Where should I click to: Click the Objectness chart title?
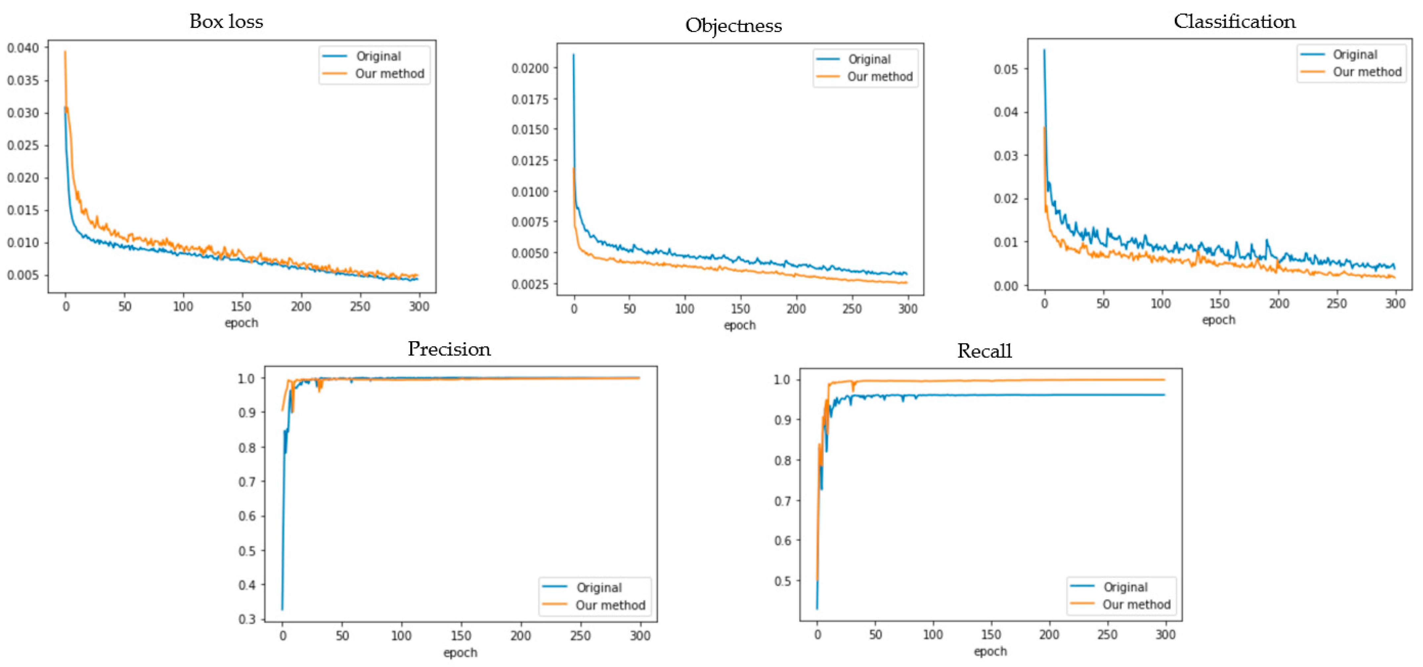(x=733, y=25)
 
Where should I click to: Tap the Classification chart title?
(x=1234, y=22)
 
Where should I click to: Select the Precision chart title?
(x=449, y=349)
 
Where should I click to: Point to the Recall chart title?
(x=984, y=351)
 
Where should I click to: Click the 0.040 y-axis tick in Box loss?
(x=23, y=48)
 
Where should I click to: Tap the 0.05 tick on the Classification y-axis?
(x=1005, y=69)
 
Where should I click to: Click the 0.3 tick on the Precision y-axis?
(x=246, y=619)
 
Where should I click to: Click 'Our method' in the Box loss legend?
(x=389, y=73)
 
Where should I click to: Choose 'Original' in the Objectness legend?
(x=869, y=59)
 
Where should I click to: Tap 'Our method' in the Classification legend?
(x=1367, y=72)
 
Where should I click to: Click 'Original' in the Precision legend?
(x=599, y=588)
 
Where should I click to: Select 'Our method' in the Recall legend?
(x=1136, y=604)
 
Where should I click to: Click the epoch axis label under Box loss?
(x=241, y=323)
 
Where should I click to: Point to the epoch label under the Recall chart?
(x=990, y=651)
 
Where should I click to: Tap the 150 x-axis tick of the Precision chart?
(x=461, y=636)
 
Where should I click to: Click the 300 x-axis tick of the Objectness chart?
(x=908, y=309)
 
